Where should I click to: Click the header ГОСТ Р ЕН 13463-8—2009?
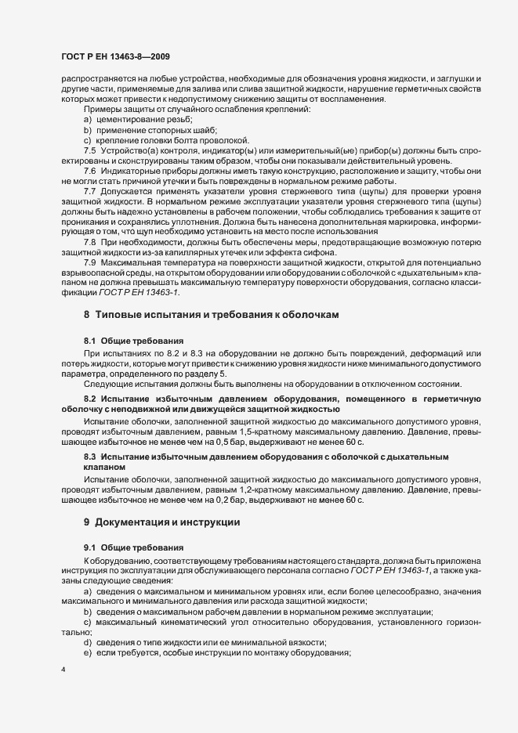(115, 57)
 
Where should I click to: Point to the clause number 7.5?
(90, 149)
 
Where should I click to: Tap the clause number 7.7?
(90, 192)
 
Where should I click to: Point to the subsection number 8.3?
(91, 456)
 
